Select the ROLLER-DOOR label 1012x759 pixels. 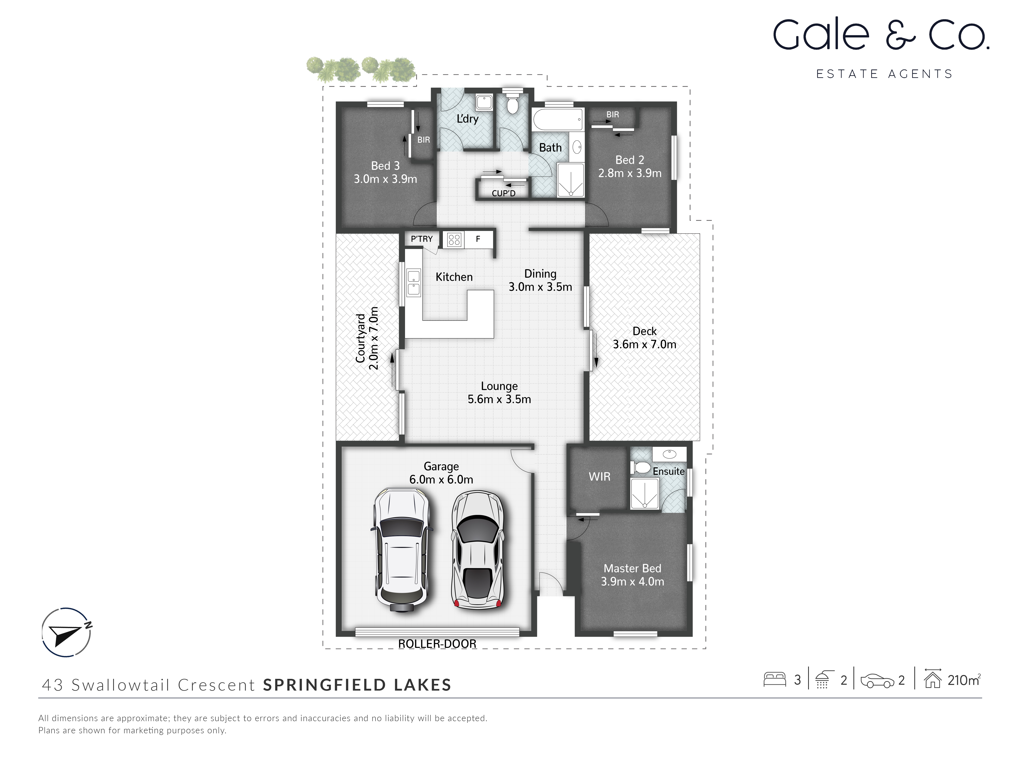[437, 644]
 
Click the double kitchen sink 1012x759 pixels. [414, 283]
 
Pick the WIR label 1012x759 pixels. [599, 477]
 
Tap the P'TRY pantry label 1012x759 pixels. [421, 239]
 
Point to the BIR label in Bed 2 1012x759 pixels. [613, 114]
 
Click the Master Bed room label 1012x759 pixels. [632, 568]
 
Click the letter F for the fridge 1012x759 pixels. [478, 239]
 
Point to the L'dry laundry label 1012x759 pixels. [467, 119]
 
